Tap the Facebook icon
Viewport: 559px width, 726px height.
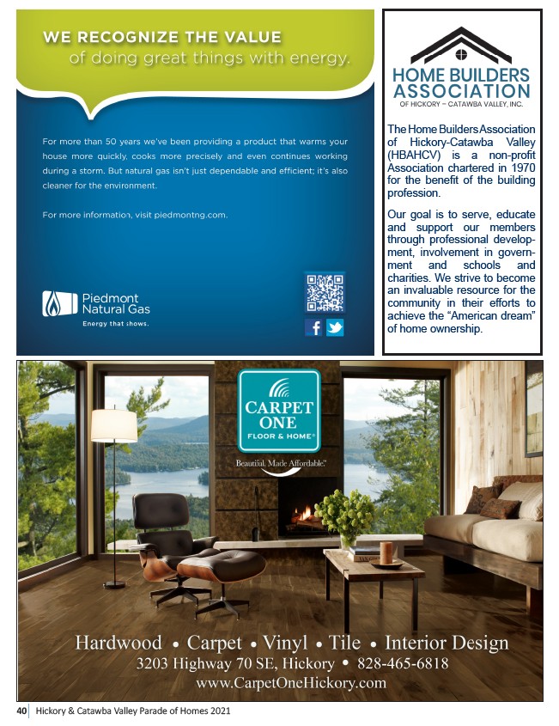pos(314,327)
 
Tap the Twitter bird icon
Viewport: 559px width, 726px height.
pos(334,327)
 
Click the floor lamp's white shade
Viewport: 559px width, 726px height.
pos(114,425)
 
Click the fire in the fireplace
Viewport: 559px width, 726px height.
pos(302,514)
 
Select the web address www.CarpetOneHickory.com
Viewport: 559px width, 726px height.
pos(291,683)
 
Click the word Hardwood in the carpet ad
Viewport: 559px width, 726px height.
pos(118,643)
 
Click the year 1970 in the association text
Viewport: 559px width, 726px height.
pos(518,168)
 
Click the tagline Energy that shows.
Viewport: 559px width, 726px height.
pos(115,324)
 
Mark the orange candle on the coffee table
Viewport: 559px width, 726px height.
pos(386,552)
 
